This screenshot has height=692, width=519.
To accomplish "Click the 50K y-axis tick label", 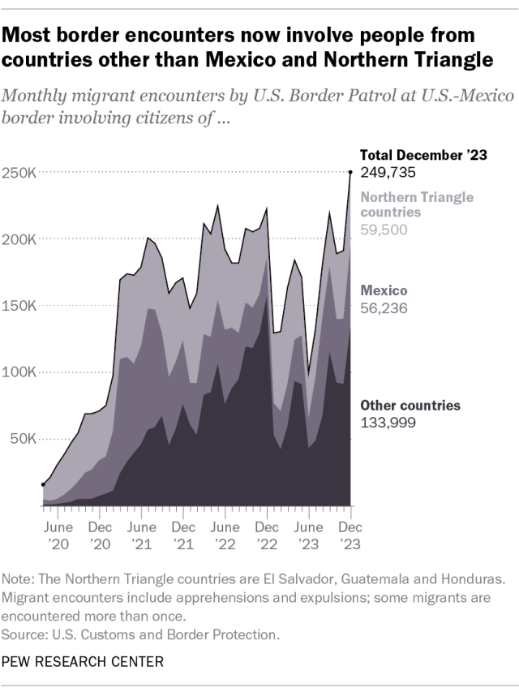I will tap(23, 439).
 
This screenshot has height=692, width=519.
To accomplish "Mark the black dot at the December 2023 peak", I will tap(350, 172).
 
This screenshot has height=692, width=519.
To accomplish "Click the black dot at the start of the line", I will tap(43, 484).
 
